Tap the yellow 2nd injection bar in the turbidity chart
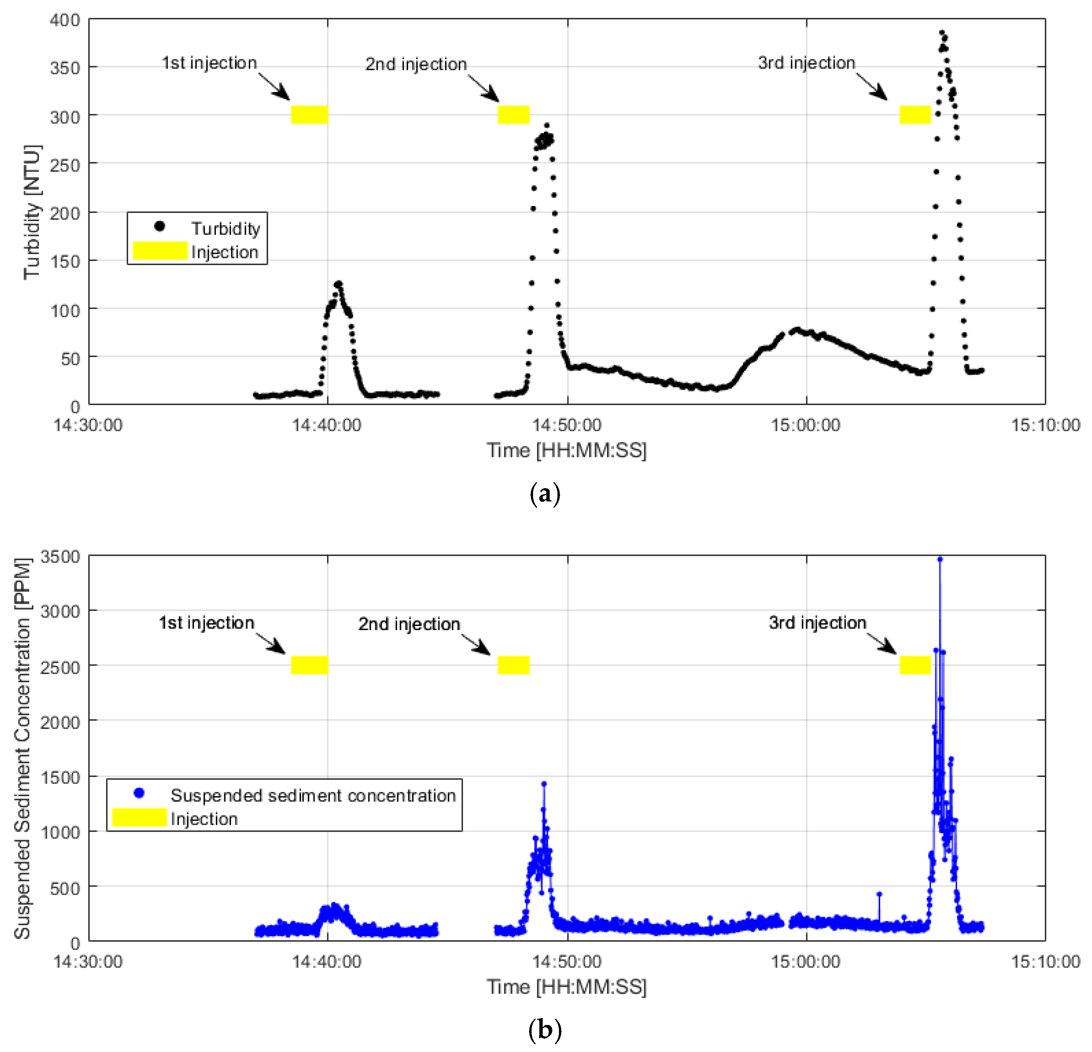click(x=513, y=114)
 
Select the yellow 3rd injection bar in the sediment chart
click(x=915, y=665)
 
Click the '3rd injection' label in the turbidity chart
click(x=806, y=63)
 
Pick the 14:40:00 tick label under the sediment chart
click(x=327, y=962)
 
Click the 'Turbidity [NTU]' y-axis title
click(x=32, y=212)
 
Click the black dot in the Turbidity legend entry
click(x=159, y=226)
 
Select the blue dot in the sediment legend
click(x=139, y=793)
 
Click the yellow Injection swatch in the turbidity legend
click(x=160, y=251)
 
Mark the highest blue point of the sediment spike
click(x=940, y=559)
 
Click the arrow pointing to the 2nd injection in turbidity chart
click(x=484, y=88)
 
